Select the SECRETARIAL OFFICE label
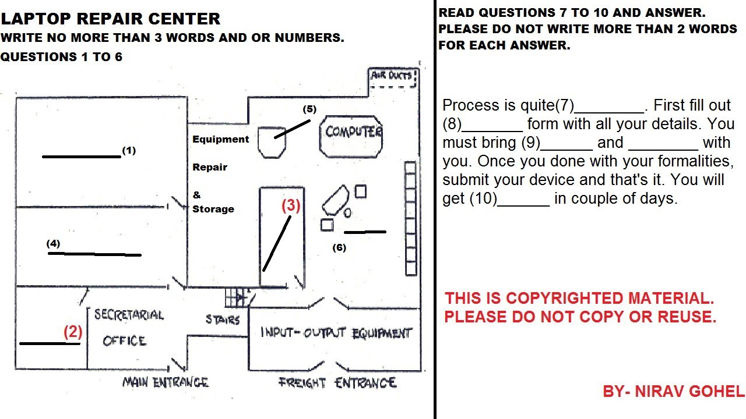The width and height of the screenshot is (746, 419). [128, 328]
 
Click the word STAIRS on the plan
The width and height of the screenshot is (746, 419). [223, 319]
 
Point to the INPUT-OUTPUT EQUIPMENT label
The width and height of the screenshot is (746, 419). [336, 333]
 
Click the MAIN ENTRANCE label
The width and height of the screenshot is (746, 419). [165, 382]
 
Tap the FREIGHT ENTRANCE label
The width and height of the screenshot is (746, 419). [337, 383]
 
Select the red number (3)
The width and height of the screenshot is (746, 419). [291, 205]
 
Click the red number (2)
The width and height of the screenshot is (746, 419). [73, 332]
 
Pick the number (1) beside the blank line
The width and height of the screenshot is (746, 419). [129, 150]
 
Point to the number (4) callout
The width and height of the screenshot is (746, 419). [54, 244]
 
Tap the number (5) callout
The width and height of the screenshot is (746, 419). [309, 109]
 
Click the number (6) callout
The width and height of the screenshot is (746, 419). [339, 247]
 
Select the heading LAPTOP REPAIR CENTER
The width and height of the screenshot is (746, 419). [111, 19]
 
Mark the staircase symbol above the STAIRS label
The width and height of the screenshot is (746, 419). [235, 297]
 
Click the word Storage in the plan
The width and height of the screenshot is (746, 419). [213, 209]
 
